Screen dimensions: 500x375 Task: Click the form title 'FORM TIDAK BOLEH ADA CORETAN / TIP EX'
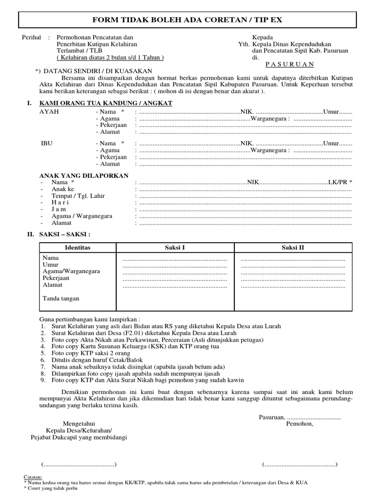(187, 20)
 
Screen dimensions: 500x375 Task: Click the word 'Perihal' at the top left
(32, 37)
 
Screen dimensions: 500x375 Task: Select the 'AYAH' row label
(49, 112)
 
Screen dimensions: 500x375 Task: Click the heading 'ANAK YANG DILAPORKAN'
(83, 175)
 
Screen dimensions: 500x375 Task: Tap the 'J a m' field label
(59, 209)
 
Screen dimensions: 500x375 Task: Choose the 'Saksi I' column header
(175, 248)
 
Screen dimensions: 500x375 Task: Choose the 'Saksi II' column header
(293, 248)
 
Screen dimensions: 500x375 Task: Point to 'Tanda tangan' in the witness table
(61, 298)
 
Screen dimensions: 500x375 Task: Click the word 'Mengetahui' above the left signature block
(79, 423)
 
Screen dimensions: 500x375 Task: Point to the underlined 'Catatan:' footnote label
(33, 477)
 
